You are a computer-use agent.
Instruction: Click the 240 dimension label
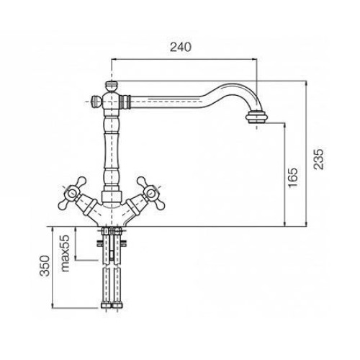click(181, 48)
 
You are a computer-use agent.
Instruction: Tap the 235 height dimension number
click(319, 159)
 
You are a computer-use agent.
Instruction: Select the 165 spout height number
click(292, 178)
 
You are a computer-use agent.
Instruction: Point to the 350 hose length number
click(45, 266)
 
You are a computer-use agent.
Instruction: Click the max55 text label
click(65, 253)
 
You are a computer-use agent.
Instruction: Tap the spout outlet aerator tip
click(256, 118)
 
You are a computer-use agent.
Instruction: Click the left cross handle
click(72, 193)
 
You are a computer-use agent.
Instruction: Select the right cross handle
click(150, 193)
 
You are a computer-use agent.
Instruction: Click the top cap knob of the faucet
click(112, 86)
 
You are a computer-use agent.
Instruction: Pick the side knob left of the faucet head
click(95, 102)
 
